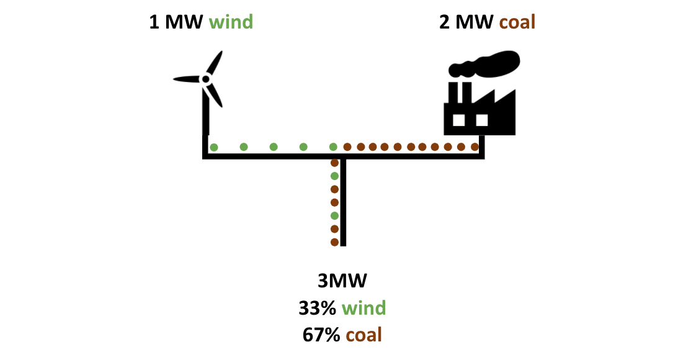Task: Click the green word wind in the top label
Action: pyautogui.click(x=231, y=22)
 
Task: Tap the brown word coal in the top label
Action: pyautogui.click(x=517, y=22)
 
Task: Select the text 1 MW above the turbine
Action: pyautogui.click(x=176, y=22)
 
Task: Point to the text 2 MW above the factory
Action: pyautogui.click(x=466, y=22)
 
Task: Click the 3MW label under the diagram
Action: pyautogui.click(x=342, y=281)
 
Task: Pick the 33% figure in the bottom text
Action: pyautogui.click(x=318, y=308)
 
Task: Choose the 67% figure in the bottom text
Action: pyautogui.click(x=321, y=335)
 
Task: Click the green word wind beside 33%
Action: pyautogui.click(x=364, y=308)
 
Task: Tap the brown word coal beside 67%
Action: pyautogui.click(x=363, y=335)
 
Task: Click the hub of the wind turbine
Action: pyautogui.click(x=205, y=79)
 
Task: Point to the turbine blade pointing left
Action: pyautogui.click(x=187, y=79)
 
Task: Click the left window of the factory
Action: pyautogui.click(x=459, y=120)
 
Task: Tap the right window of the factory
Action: pyautogui.click(x=482, y=120)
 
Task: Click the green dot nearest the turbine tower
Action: pyautogui.click(x=214, y=147)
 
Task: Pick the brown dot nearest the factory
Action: pyautogui.click(x=475, y=147)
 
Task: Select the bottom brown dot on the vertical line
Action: pyautogui.click(x=334, y=242)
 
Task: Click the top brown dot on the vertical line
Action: pyautogui.click(x=334, y=163)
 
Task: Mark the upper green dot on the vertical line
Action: pyautogui.click(x=334, y=176)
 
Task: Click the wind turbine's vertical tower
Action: pyautogui.click(x=205, y=110)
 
